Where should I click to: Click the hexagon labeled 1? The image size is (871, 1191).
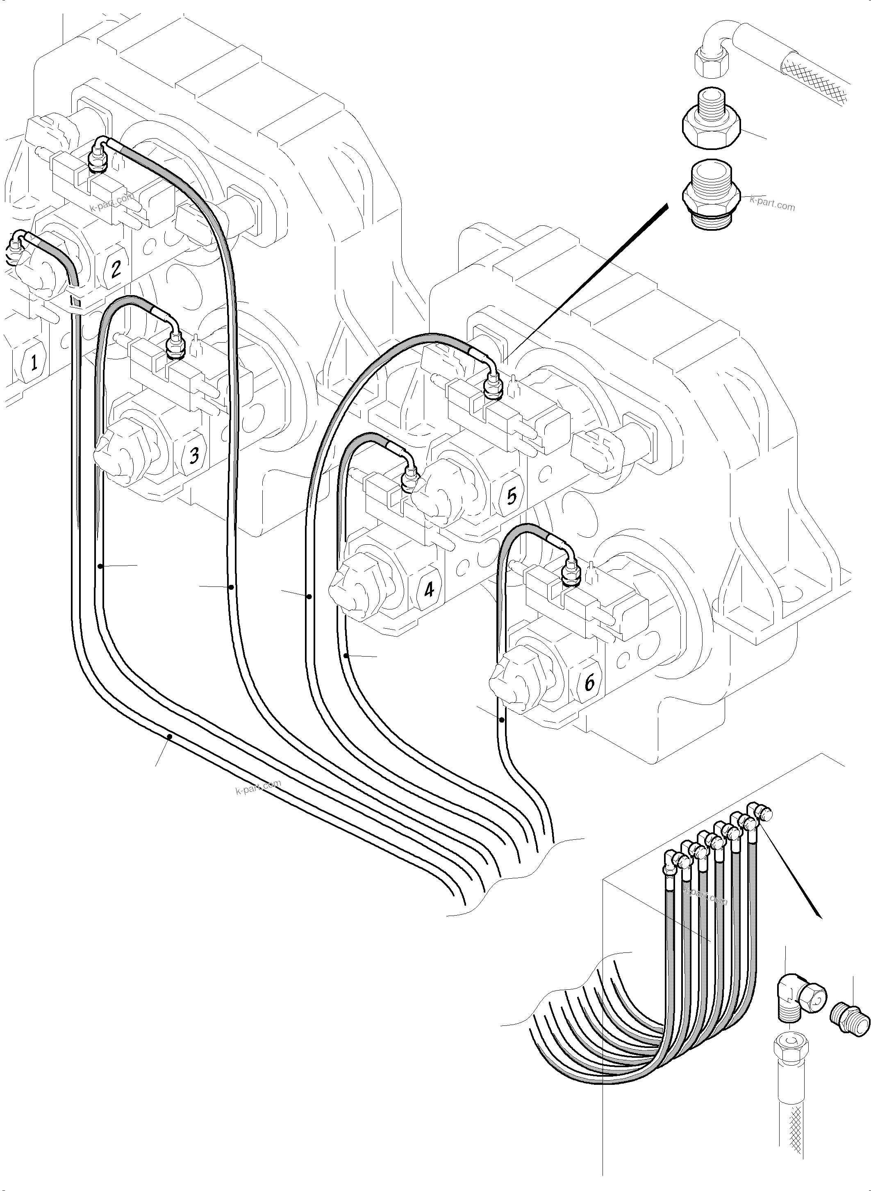[x=33, y=362]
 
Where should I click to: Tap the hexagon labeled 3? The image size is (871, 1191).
[x=193, y=454]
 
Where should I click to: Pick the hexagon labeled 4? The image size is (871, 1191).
[x=429, y=589]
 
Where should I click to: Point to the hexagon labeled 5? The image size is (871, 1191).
[x=510, y=495]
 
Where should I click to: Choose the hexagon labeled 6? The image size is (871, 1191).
[x=589, y=683]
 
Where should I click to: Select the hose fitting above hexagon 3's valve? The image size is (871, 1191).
[x=174, y=345]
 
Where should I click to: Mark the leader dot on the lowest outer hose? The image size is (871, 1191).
[x=169, y=736]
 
